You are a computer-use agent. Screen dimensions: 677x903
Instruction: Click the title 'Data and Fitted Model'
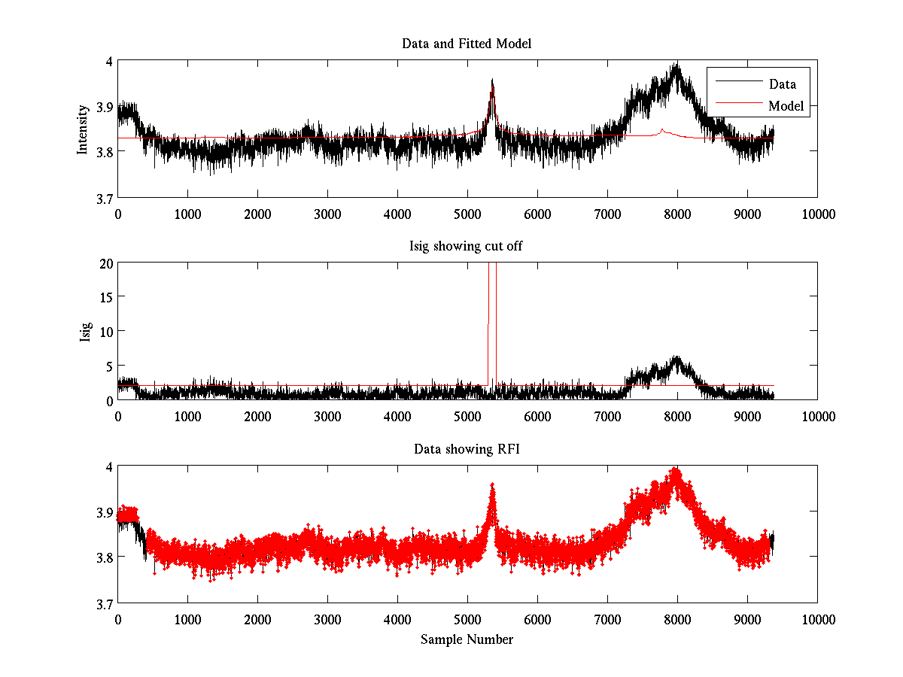tap(467, 44)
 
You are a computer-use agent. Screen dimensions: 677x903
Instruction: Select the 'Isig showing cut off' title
tap(467, 246)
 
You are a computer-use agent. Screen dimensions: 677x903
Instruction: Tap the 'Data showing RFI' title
tap(467, 449)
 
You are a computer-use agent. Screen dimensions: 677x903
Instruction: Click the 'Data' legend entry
tap(782, 84)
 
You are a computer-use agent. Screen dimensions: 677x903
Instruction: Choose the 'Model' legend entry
tap(786, 106)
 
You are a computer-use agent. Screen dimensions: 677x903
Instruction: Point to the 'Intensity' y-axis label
tap(83, 129)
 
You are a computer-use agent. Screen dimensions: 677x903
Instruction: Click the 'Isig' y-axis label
tap(84, 331)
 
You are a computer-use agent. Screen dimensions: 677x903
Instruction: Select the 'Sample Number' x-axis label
tap(467, 639)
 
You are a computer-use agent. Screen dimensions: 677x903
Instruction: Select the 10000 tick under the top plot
tap(818, 214)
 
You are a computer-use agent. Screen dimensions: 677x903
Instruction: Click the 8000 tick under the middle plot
tap(677, 416)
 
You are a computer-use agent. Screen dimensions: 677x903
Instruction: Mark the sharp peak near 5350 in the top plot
tap(492, 80)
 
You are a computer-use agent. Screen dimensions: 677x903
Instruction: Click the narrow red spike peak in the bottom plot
tap(492, 485)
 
